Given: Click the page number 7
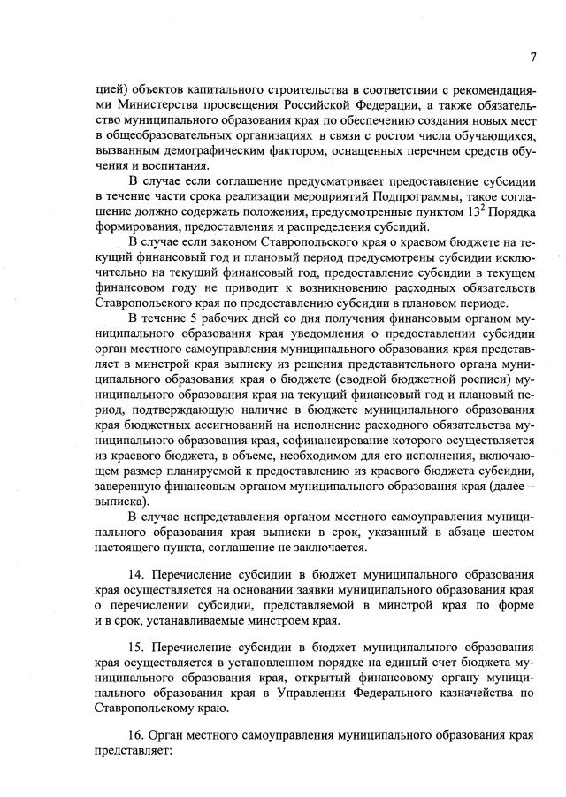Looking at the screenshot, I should (x=533, y=57).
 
